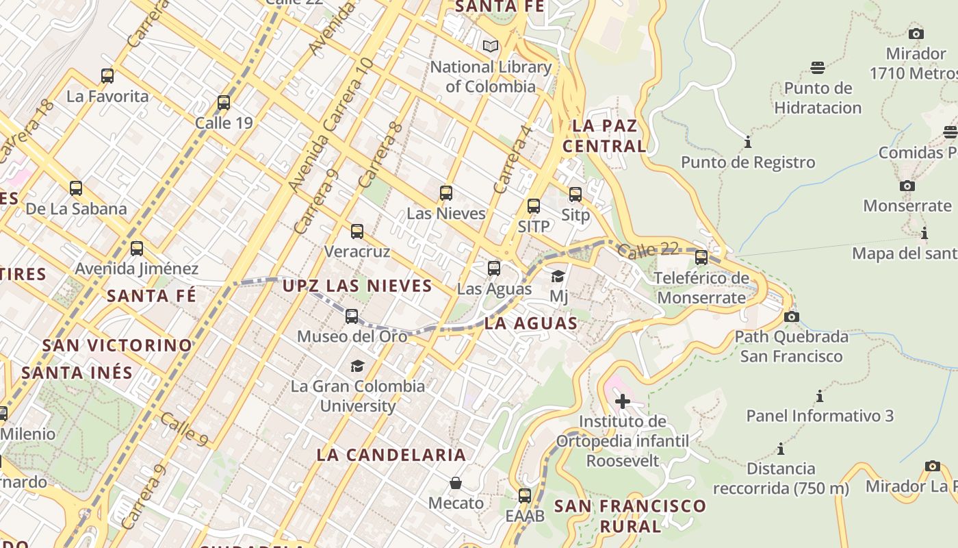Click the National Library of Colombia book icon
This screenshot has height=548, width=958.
[x=490, y=47]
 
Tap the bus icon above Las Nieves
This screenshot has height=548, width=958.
[x=446, y=193]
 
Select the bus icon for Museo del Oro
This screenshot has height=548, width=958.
[x=352, y=316]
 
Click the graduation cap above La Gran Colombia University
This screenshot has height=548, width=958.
[x=357, y=366]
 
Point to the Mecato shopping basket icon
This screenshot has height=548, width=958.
[x=456, y=483]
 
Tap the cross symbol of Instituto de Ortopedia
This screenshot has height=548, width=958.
[x=623, y=401]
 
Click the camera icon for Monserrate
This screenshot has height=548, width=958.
[x=907, y=186]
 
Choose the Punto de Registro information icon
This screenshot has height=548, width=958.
[x=748, y=142]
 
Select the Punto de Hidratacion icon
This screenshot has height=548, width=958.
[x=818, y=68]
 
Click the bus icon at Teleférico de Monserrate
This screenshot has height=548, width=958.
[x=701, y=258]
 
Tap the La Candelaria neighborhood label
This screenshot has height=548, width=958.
[x=391, y=455]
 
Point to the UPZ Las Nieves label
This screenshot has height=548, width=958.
[x=357, y=286]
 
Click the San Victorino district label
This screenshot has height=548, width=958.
[x=117, y=345]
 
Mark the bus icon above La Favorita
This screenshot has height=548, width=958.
[x=107, y=76]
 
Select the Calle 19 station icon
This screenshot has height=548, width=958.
[x=224, y=103]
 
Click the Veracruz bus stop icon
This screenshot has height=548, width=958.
[x=357, y=232]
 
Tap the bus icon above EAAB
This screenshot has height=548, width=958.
[x=525, y=495]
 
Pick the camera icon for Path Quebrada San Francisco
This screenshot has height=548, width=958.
[x=792, y=316]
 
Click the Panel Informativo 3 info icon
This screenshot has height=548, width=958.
[x=820, y=396]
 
